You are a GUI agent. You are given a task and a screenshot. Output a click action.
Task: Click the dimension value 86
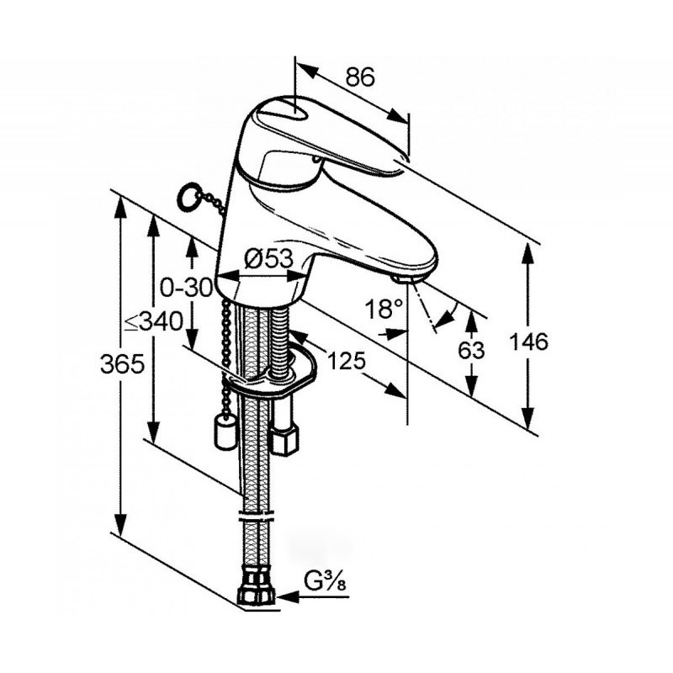point(361,77)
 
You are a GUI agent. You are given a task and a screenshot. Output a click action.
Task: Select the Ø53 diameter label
point(268,259)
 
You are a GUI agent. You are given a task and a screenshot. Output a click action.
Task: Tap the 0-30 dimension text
point(186,287)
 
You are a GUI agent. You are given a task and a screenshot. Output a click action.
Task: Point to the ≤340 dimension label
point(154,321)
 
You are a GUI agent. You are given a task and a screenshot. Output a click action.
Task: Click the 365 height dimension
point(122,364)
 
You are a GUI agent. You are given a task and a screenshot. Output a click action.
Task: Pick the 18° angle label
point(384,308)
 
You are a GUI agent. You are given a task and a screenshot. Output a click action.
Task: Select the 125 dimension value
point(347,360)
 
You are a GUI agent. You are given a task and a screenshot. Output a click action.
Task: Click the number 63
point(471,350)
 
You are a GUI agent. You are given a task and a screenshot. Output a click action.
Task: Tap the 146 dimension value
point(528,342)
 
